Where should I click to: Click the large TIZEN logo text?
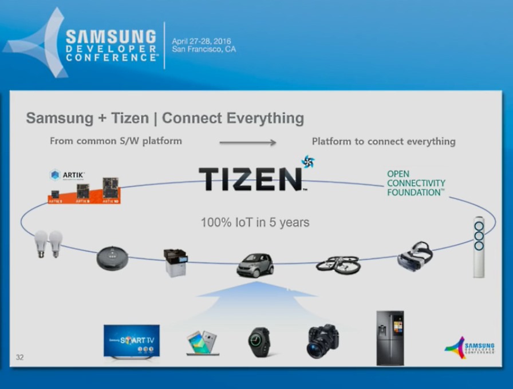pos(250,178)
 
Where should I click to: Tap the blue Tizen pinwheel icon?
pos(308,161)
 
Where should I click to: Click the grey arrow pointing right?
pos(247,142)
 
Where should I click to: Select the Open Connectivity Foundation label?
pos(416,183)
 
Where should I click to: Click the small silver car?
pos(255,264)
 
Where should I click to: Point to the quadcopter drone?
pos(338,263)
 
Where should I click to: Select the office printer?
pos(175,263)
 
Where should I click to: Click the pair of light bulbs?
pos(48,244)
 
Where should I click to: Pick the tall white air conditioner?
pos(479,247)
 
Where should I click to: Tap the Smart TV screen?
pos(132,340)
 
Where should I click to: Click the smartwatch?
pos(259,342)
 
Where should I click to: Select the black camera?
pos(322,341)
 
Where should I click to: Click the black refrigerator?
pos(390,338)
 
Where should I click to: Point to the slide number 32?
pos(20,358)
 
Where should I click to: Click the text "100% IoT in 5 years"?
pos(255,222)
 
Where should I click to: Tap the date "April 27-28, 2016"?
pos(199,41)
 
